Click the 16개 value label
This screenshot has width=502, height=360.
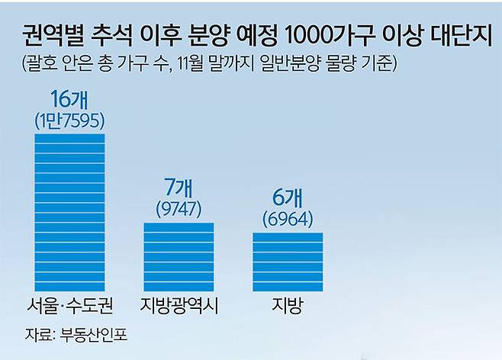coord(69,100)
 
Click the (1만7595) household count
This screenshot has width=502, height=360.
coord(69,121)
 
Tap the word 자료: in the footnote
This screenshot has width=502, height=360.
coord(40,333)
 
